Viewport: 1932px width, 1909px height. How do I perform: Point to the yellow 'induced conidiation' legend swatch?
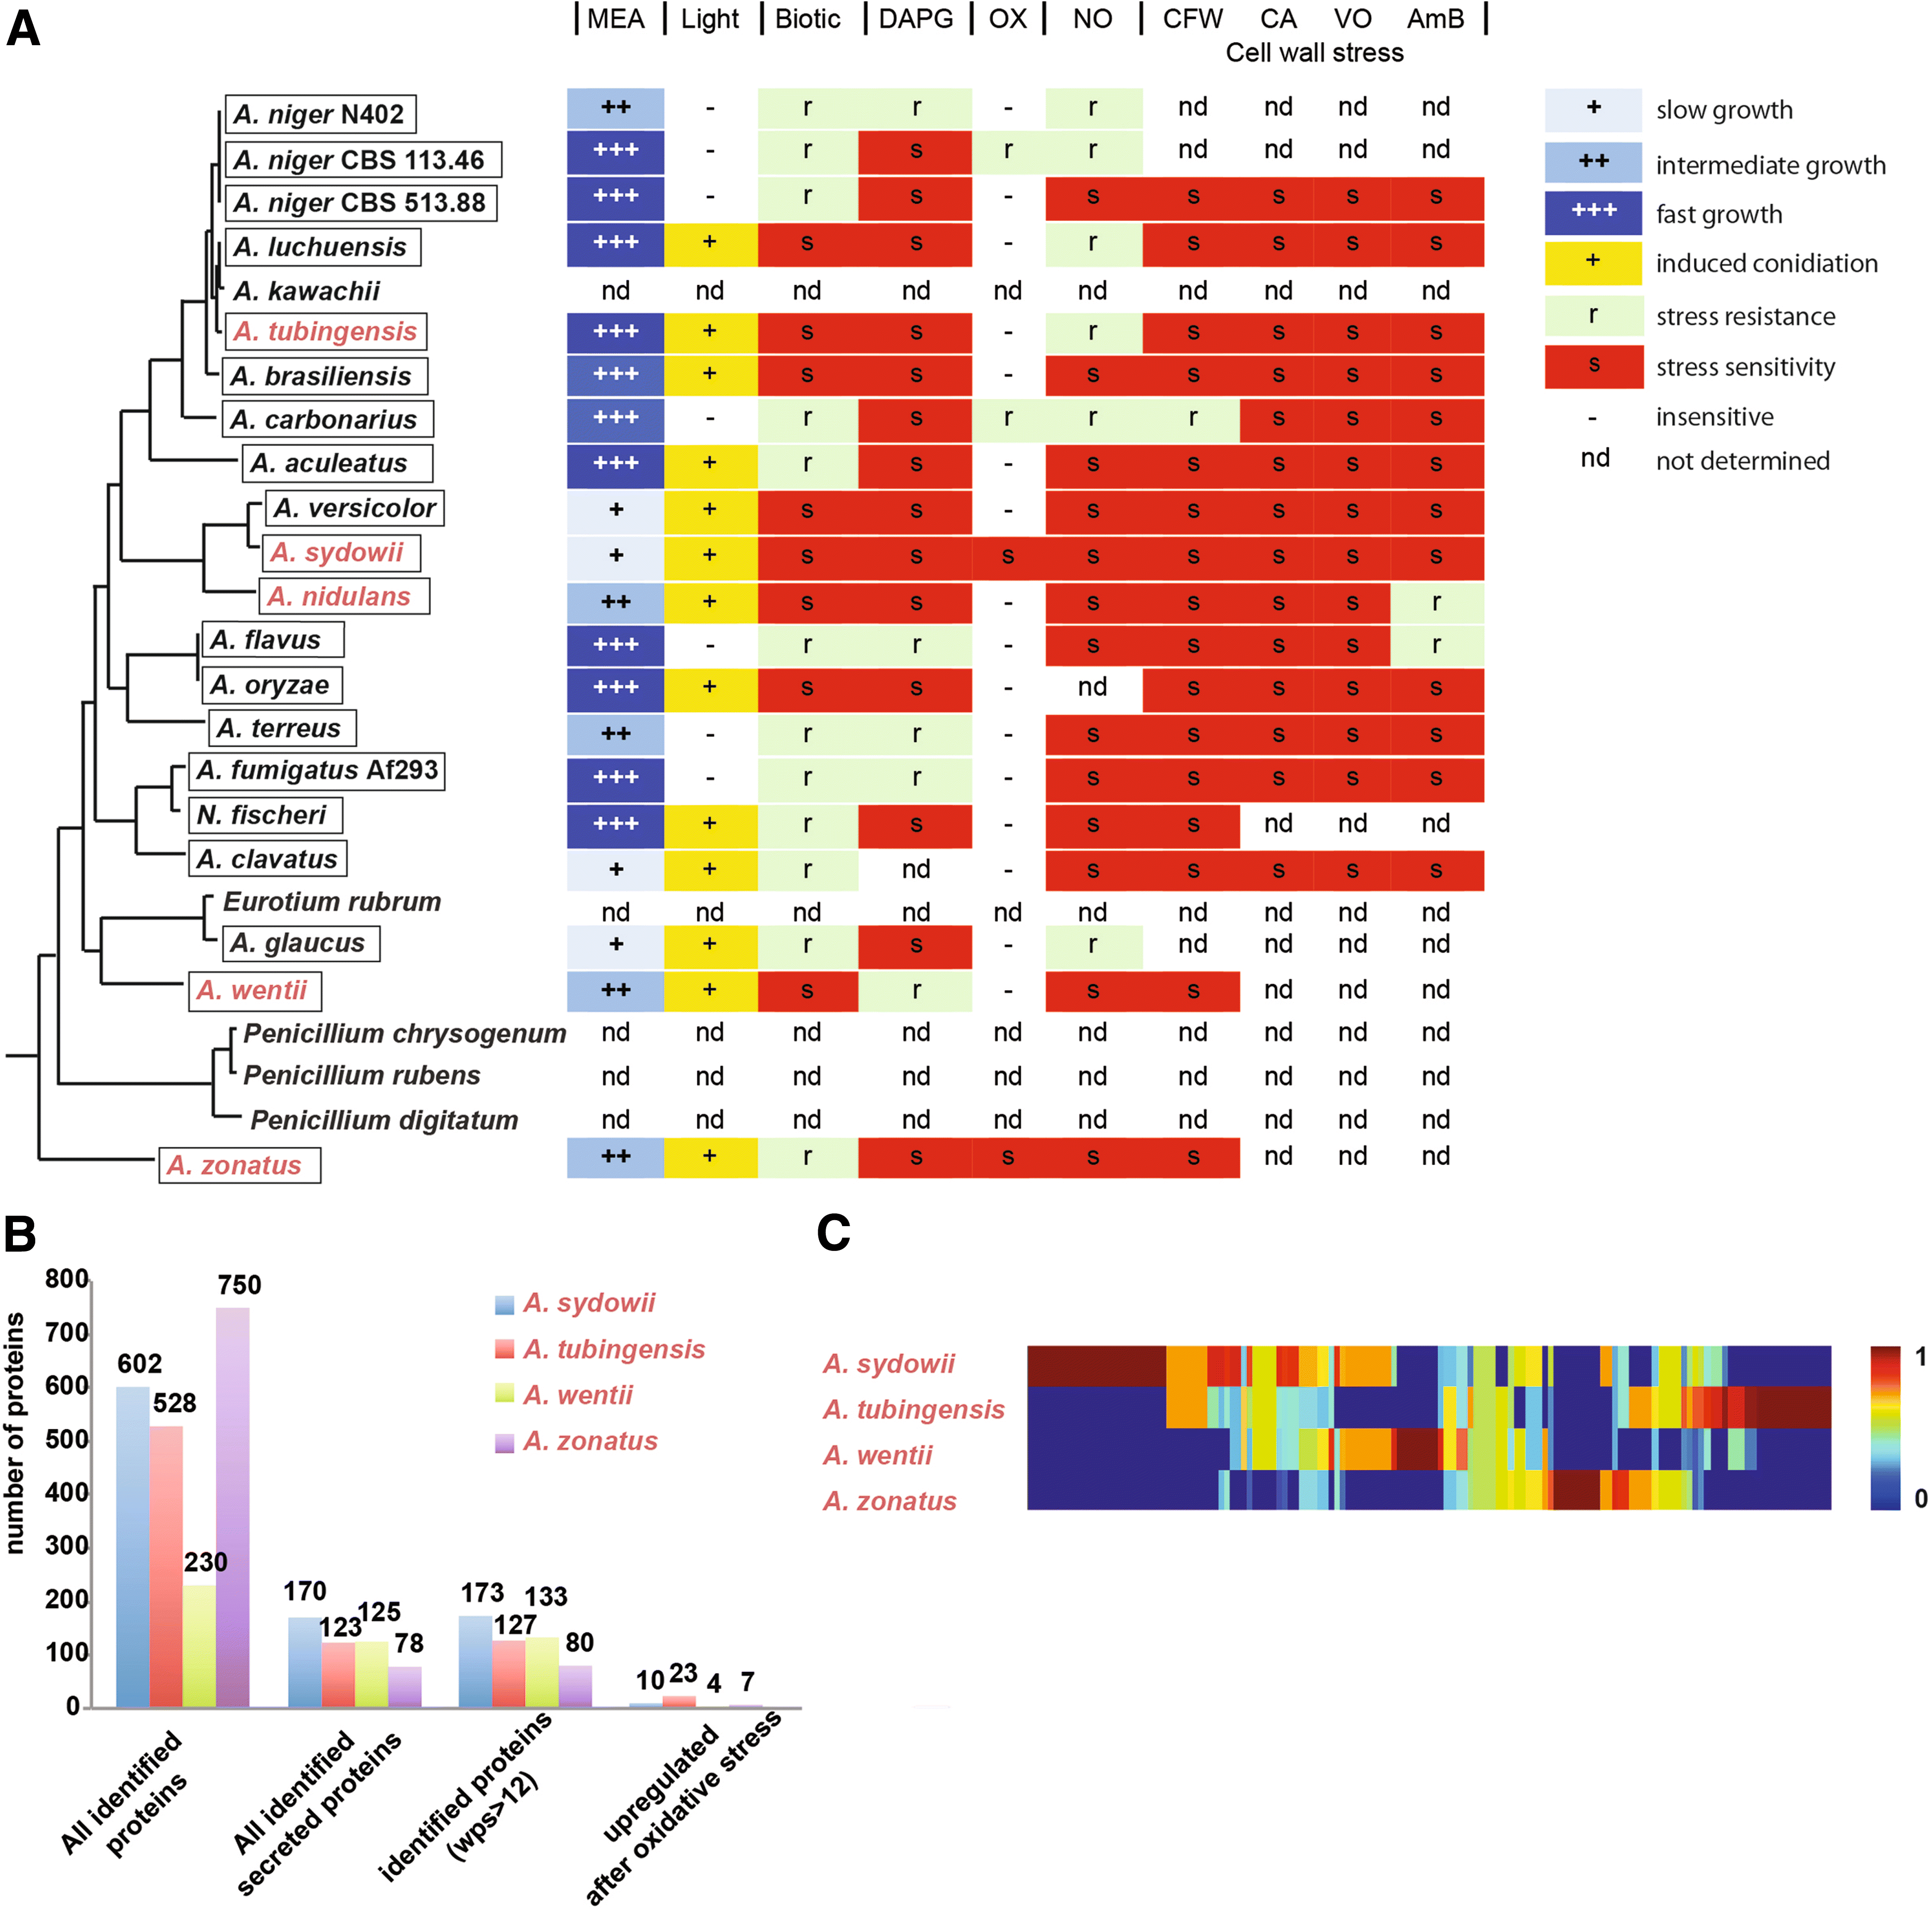1593,263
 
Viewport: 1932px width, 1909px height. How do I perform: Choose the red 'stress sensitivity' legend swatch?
1593,366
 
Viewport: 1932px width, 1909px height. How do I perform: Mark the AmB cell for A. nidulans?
1436,602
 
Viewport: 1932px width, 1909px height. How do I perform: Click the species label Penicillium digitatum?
384,1120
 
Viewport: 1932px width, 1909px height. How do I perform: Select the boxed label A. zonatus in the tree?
239,1165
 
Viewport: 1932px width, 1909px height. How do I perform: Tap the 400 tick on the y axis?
67,1493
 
